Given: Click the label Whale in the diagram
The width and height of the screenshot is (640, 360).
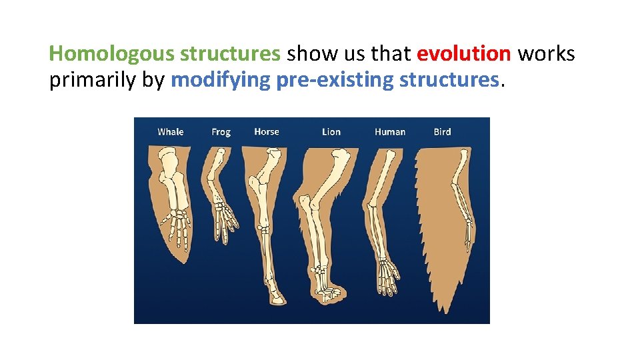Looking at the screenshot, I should [x=170, y=132].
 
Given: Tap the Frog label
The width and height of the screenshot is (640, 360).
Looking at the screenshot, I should [x=221, y=132].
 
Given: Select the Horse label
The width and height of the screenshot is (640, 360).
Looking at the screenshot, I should [x=267, y=132].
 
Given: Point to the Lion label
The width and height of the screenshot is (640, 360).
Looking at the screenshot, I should [x=331, y=132].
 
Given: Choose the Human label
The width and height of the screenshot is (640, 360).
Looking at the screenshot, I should [x=390, y=132].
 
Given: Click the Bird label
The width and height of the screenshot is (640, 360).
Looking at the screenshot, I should [x=442, y=132].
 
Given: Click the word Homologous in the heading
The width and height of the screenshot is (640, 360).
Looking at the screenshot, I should [x=111, y=53].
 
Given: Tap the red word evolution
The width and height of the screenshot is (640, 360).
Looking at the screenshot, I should [x=464, y=53].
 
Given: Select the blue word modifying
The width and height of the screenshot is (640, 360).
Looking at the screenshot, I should [x=221, y=80].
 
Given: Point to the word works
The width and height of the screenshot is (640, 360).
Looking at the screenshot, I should [x=546, y=53].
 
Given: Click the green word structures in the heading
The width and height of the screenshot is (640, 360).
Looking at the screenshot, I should [x=231, y=53].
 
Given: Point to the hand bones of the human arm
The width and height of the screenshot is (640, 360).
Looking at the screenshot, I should [x=387, y=273].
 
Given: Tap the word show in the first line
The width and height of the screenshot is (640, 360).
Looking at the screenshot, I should [x=308, y=53].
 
